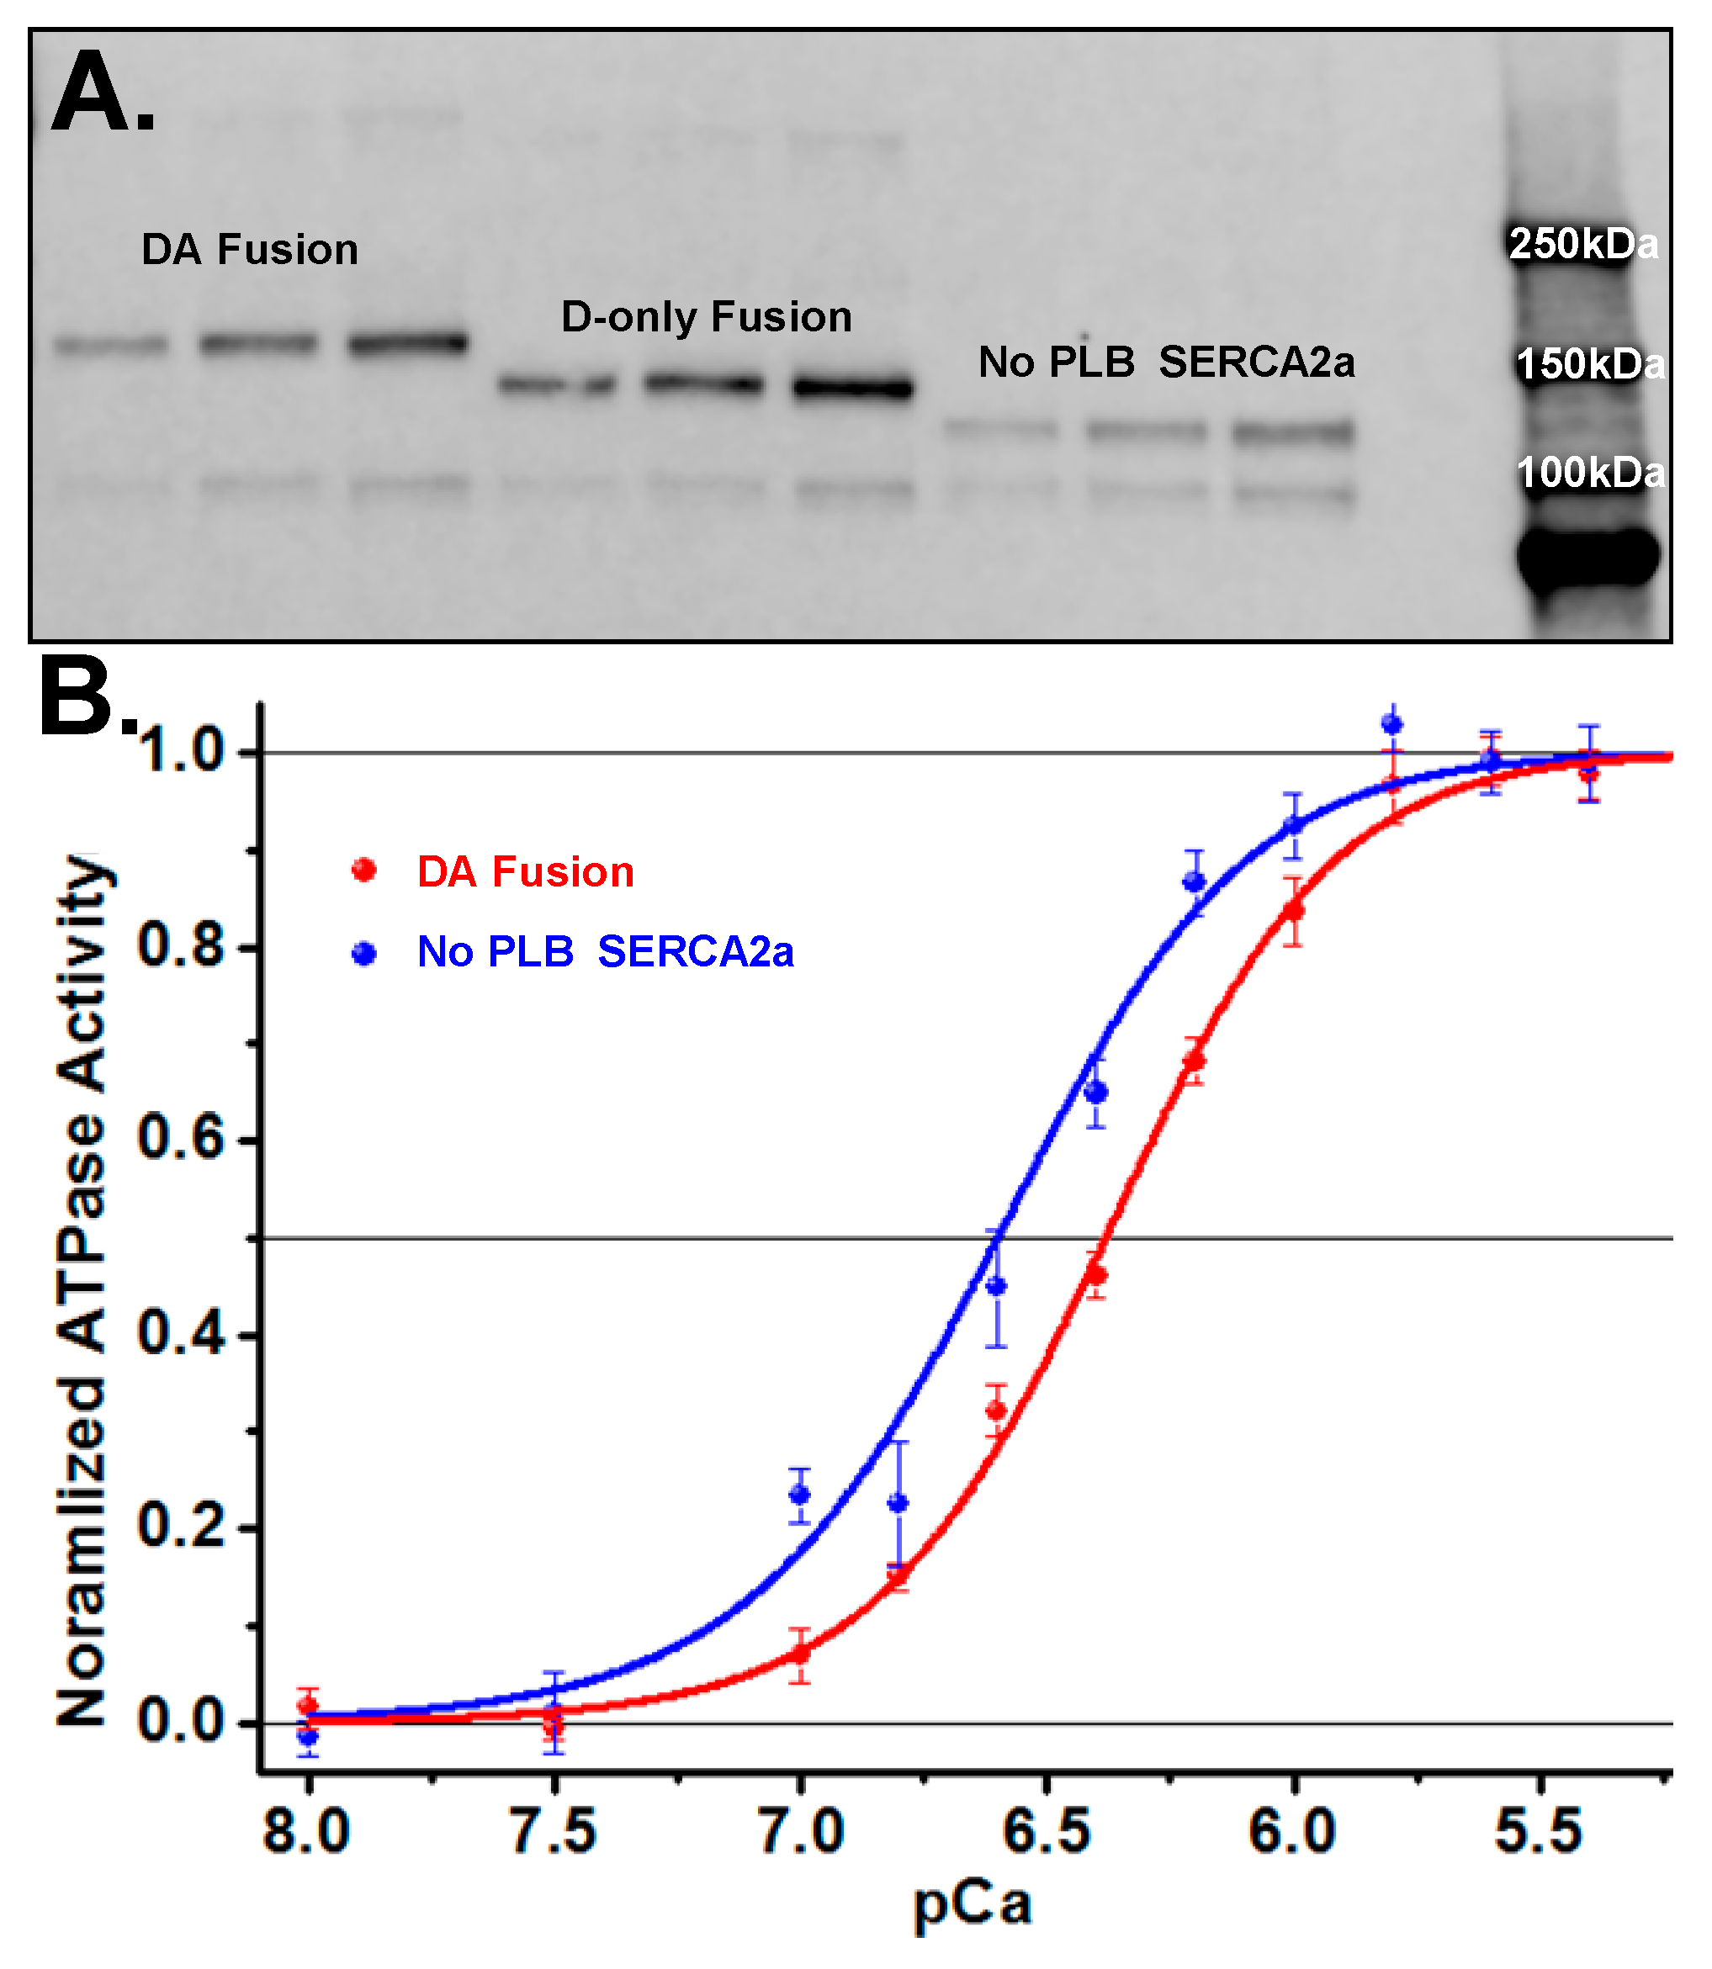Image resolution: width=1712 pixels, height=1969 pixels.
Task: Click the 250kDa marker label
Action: pos(1583,245)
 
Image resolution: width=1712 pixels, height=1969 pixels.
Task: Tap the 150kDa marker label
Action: pos(1590,364)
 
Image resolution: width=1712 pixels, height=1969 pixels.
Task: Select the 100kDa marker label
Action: pos(1590,473)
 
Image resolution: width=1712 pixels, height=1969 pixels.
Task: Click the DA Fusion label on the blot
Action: pos(249,250)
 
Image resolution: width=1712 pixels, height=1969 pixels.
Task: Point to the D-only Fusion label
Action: pos(706,317)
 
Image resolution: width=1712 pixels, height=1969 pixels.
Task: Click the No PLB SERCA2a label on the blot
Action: pos(1165,363)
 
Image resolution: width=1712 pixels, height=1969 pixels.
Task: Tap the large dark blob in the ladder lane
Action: pos(1587,558)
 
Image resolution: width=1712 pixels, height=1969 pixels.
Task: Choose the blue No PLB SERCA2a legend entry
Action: pos(605,952)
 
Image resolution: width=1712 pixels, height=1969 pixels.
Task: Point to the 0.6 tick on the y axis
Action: pos(182,1139)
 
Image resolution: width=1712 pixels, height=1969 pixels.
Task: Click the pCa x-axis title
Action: pos(972,1904)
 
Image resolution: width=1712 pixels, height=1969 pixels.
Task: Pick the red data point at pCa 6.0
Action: pos(1292,910)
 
